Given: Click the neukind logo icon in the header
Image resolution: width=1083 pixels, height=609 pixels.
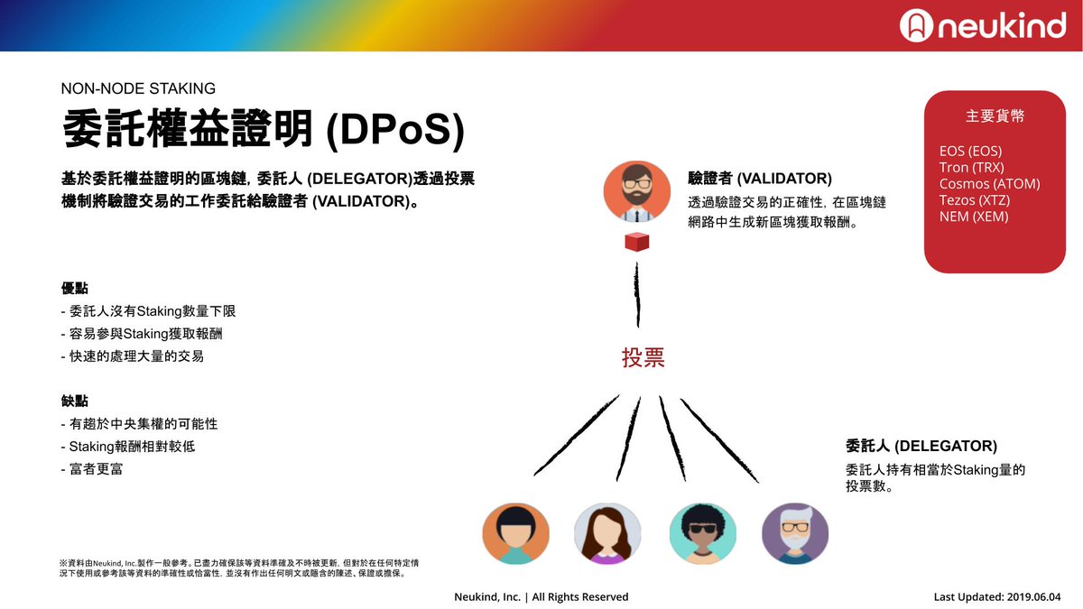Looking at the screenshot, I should [915, 25].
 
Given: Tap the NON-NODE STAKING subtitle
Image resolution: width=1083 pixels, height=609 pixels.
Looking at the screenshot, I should [138, 88].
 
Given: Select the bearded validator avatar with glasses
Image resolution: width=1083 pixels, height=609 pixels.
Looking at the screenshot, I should [637, 190].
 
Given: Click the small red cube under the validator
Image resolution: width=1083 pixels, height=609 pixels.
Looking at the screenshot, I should [637, 242].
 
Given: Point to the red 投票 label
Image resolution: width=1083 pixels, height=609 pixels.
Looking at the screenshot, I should [643, 357].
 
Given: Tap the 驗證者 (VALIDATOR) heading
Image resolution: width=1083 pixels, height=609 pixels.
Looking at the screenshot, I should [759, 178].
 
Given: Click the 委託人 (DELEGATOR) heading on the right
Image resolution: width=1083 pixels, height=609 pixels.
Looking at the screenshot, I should [921, 446].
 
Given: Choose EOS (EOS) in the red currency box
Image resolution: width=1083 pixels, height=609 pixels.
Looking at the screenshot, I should [970, 151].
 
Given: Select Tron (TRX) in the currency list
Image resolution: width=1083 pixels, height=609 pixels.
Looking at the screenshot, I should [971, 167].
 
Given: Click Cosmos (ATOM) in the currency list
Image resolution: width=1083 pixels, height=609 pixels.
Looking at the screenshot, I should [989, 183].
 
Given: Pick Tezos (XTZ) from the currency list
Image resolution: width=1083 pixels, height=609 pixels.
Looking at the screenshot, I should [974, 199].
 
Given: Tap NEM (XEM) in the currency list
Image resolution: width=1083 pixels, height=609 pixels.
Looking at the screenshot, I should [974, 216].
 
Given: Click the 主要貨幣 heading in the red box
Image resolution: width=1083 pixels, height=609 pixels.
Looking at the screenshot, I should [995, 116].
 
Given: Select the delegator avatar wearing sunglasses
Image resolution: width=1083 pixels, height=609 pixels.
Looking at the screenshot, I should [702, 533].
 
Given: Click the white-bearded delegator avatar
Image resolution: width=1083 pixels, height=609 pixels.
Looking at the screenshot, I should [795, 533].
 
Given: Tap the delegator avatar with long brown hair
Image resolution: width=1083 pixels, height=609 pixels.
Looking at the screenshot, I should [607, 533].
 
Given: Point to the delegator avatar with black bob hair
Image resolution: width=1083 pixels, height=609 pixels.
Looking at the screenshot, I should [515, 533].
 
